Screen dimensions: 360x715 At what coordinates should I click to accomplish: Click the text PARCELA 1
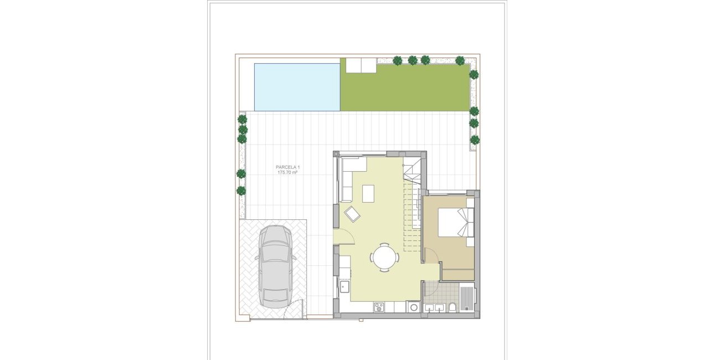(287, 167)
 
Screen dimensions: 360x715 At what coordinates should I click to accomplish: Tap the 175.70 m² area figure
(287, 173)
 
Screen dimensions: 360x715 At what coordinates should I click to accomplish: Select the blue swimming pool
(297, 86)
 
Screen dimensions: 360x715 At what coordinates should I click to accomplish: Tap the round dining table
(384, 258)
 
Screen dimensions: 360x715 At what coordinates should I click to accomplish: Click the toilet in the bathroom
(452, 307)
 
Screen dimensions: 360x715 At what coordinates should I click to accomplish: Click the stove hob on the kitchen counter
(379, 306)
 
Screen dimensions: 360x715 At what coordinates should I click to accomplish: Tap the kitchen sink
(344, 286)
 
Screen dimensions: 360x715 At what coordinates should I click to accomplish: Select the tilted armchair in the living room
(352, 214)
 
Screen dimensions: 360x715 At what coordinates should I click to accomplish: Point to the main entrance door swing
(346, 237)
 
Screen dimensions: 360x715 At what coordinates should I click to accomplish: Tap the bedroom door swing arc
(433, 255)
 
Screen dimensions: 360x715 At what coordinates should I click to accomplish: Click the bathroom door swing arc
(431, 288)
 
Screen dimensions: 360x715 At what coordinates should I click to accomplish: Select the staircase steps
(411, 216)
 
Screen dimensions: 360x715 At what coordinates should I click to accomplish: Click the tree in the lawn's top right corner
(460, 60)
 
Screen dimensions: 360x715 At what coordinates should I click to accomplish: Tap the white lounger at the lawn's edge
(361, 66)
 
